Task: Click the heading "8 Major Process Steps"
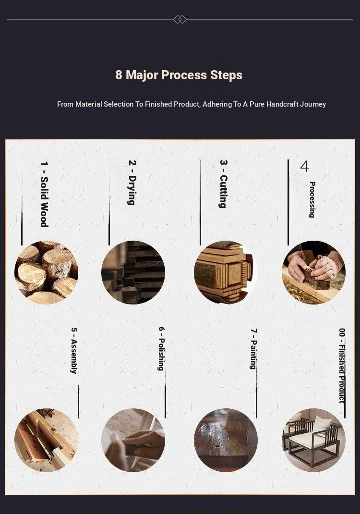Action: pyautogui.click(x=179, y=75)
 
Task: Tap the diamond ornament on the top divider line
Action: pyautogui.click(x=180, y=19)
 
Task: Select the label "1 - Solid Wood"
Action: pyautogui.click(x=44, y=194)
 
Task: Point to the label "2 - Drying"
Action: pyautogui.click(x=132, y=183)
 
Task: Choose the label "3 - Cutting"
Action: pyautogui.click(x=223, y=184)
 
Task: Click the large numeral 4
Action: pyautogui.click(x=305, y=166)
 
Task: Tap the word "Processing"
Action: pyautogui.click(x=312, y=200)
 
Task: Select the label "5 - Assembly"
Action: pyautogui.click(x=74, y=350)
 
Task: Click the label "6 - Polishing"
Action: pyautogui.click(x=161, y=349)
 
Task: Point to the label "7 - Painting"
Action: pyautogui.click(x=253, y=349)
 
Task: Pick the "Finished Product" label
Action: pyautogui.click(x=342, y=374)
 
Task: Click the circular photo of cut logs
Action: pyautogui.click(x=46, y=273)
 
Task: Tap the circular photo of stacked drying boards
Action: pyautogui.click(x=133, y=273)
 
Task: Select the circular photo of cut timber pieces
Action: pyautogui.click(x=226, y=273)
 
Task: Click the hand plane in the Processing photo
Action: pyautogui.click(x=314, y=275)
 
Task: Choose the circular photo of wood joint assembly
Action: pyautogui.click(x=46, y=440)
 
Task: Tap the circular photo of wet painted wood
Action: pyautogui.click(x=226, y=440)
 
